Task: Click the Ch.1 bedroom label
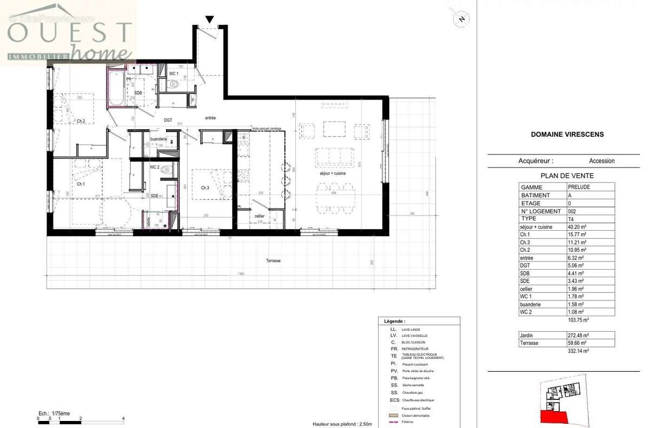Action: tap(81, 184)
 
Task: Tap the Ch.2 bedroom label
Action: tap(81, 121)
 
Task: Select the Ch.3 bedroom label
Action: tap(205, 188)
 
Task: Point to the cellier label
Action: tap(260, 216)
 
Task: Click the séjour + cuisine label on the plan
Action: tap(332, 174)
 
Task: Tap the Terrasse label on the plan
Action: tap(273, 260)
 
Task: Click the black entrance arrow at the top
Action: tap(209, 20)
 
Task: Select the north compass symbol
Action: tap(461, 19)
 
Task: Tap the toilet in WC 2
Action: tap(167, 169)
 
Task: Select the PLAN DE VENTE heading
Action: tap(567, 176)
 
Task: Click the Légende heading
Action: tap(394, 320)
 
